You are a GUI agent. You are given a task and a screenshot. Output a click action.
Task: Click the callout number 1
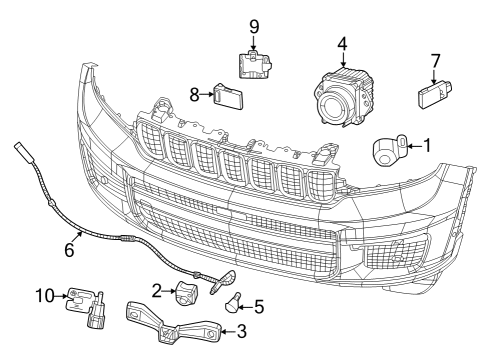(428, 146)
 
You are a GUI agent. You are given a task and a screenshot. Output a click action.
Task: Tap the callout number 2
(157, 291)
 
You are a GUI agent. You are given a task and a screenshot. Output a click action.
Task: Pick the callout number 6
(69, 250)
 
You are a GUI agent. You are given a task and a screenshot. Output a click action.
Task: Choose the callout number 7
(435, 61)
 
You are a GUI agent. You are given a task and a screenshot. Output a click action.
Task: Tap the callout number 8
(196, 96)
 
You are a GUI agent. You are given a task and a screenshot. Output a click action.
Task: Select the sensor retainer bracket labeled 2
(187, 293)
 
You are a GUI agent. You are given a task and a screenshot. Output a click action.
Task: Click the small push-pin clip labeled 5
(235, 301)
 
